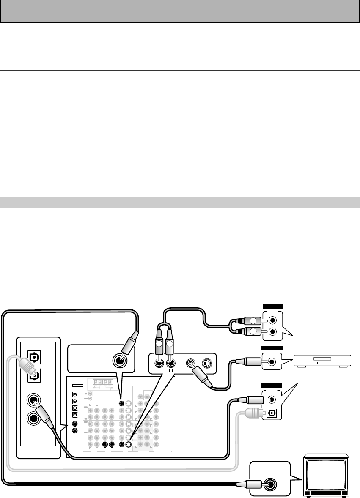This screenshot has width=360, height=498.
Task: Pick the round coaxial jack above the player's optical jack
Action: (x=272, y=399)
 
